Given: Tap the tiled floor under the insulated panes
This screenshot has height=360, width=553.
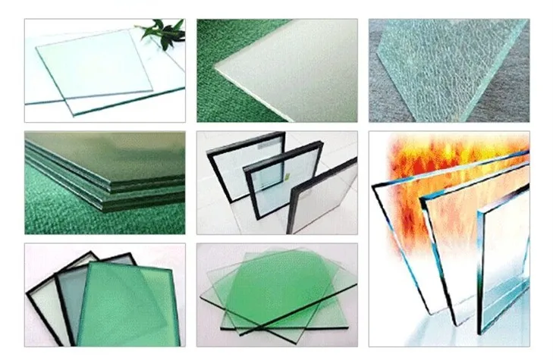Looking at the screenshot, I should pos(228,216).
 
